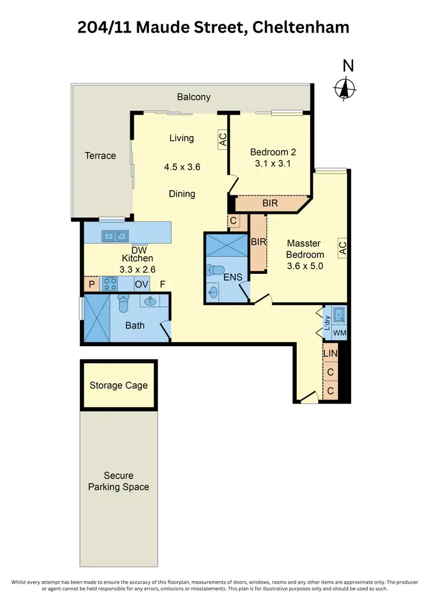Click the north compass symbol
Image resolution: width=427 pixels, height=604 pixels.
(344, 88)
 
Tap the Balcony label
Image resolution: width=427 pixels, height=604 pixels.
(194, 97)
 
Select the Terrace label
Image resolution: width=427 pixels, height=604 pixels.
(100, 155)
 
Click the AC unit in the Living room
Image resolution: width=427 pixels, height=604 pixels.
(223, 140)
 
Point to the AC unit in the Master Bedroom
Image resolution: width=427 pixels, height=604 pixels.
(342, 248)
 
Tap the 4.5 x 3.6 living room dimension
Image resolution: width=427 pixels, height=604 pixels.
(182, 167)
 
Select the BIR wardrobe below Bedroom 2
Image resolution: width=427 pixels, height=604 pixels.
(270, 203)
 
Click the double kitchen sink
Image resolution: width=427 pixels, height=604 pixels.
(115, 235)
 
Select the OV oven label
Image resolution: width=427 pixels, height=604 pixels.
(141, 284)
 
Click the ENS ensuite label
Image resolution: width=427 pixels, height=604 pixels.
(233, 278)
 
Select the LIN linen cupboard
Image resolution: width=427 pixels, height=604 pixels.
(330, 354)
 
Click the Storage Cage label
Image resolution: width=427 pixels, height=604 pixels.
(118, 385)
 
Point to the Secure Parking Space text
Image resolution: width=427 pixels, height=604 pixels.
(118, 481)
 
